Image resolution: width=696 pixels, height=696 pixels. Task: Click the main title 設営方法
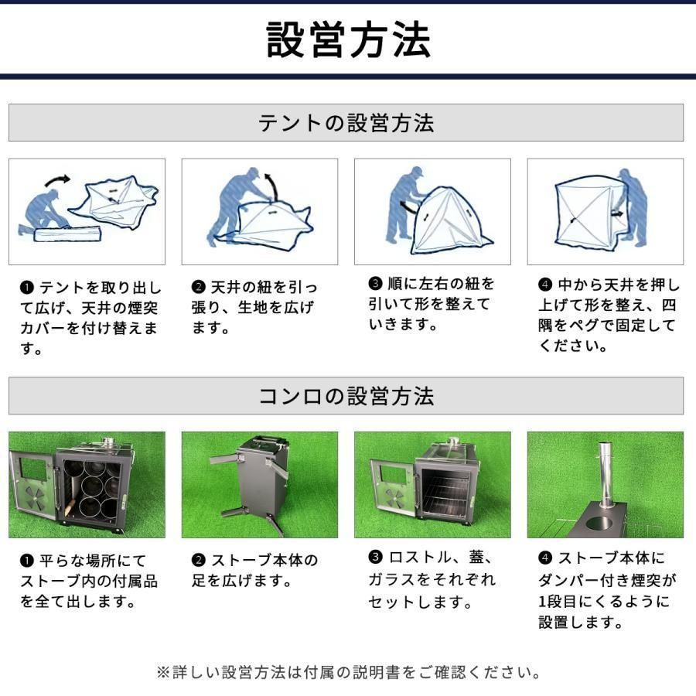click(347, 40)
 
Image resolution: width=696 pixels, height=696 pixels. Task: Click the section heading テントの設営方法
click(346, 123)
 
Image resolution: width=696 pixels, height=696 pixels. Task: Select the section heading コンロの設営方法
click(346, 396)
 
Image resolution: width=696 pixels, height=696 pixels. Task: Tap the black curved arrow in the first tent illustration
click(56, 180)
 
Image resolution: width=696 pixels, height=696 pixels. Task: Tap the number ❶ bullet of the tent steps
click(26, 288)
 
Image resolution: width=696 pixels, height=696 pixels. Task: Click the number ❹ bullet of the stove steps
click(545, 558)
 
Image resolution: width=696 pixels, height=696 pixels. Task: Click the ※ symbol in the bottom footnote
click(162, 671)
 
